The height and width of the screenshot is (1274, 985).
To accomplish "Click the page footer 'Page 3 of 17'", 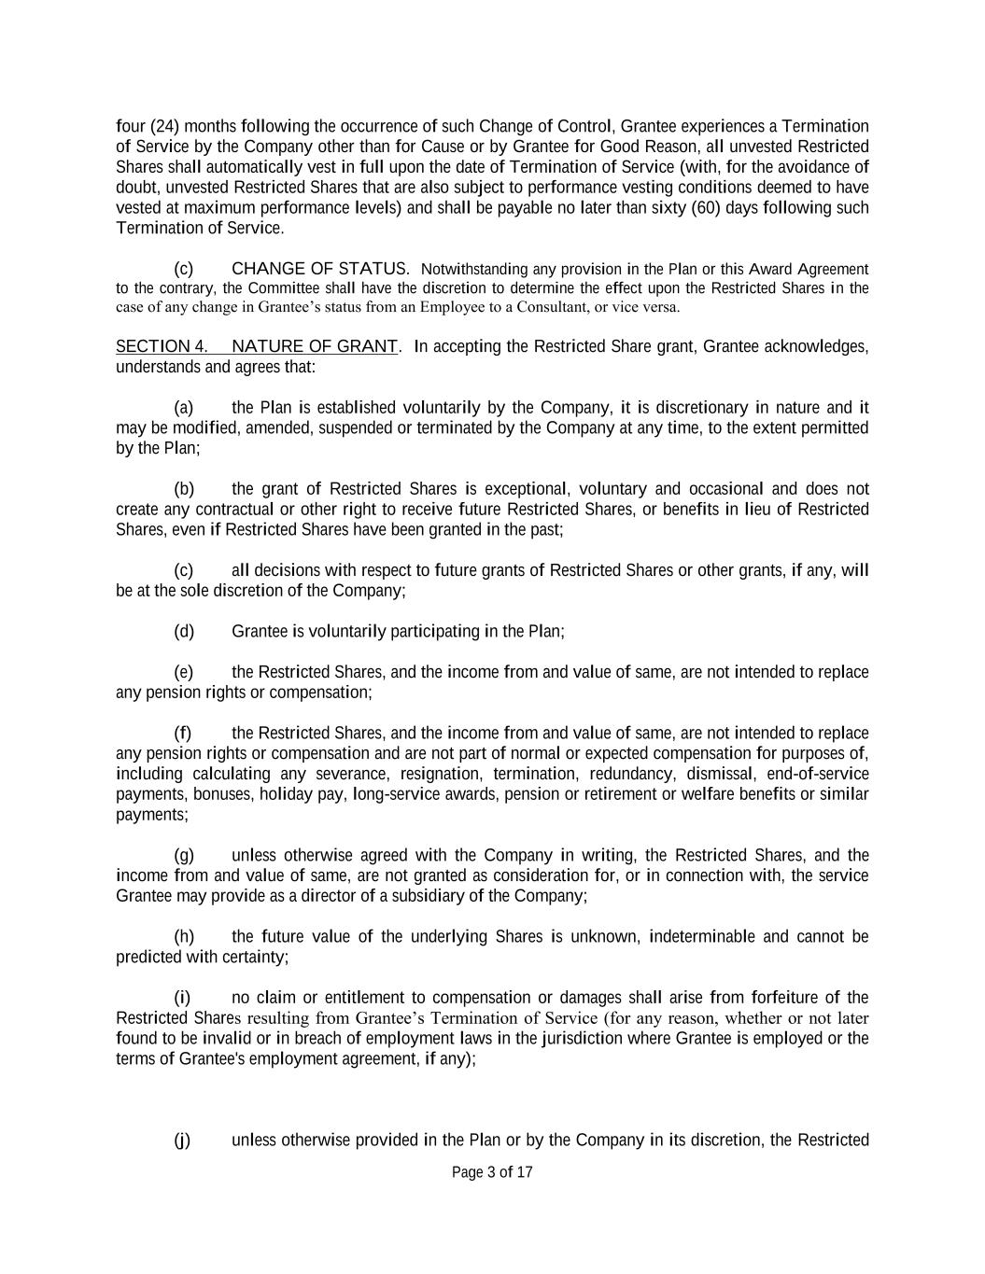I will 492,1172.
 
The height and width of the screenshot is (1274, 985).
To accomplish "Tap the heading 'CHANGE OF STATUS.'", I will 320,269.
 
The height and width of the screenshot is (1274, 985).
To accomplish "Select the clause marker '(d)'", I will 184,631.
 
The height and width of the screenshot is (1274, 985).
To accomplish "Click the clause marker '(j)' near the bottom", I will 183,1140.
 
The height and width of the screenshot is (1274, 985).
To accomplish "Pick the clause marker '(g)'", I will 184,855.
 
